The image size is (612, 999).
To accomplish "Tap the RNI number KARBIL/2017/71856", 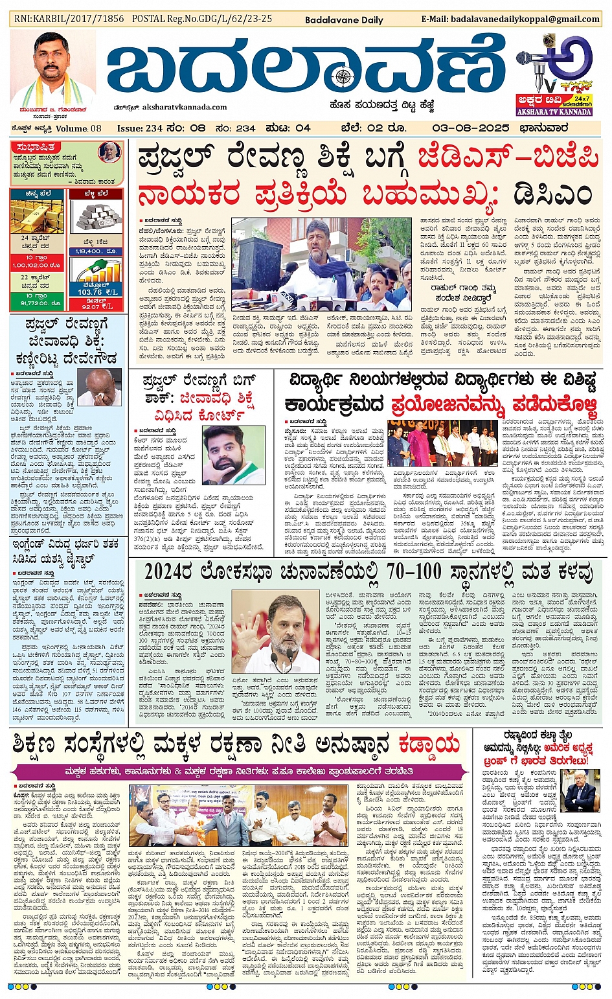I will pos(69,19).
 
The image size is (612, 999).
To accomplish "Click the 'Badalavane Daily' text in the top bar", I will pos(344,20).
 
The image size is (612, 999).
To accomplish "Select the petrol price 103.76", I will pos(90,292).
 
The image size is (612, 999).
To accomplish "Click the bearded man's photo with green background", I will pos(233,455).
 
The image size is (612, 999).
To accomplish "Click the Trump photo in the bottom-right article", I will pos(579,790).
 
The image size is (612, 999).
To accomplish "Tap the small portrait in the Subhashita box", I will pos(109,153).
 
